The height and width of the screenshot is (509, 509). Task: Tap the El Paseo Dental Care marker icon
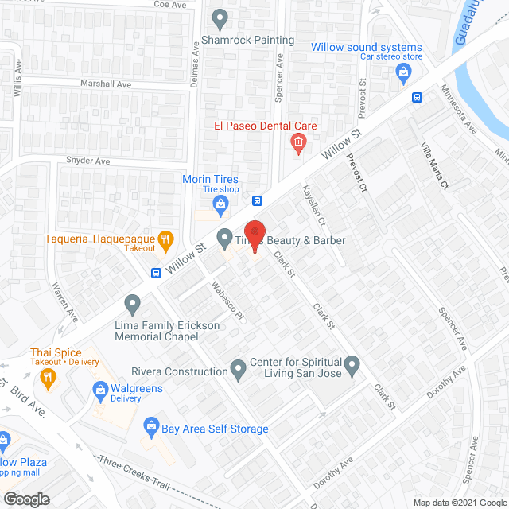298,143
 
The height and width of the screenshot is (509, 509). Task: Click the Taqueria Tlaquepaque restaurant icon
165,238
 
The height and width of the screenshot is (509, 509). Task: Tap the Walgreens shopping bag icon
101,389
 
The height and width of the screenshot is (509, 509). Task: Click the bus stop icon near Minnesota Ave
417,97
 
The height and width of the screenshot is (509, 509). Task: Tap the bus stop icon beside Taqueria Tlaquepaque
156,273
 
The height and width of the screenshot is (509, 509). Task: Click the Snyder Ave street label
87,161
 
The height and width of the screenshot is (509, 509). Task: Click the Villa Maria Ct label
435,166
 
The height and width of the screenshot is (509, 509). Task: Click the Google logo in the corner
26,499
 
